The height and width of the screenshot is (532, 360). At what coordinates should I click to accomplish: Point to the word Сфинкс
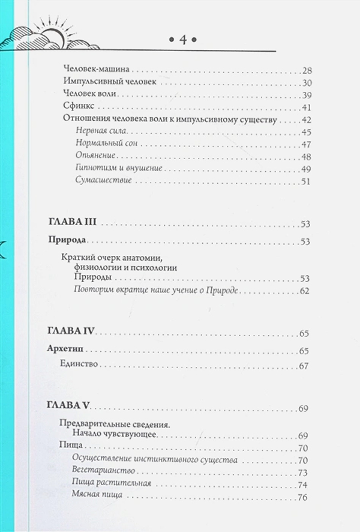coord(76,107)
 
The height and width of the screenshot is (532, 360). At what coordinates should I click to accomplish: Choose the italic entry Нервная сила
coord(95,132)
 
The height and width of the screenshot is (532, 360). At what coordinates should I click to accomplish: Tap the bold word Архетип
coord(65,350)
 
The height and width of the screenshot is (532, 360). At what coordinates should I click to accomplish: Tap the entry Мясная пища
coord(97,497)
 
